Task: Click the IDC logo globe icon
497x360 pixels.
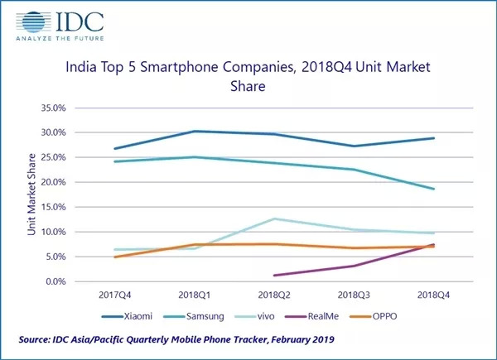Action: coord(33,22)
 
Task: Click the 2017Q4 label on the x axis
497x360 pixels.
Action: coord(114,295)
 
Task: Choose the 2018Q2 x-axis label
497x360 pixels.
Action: coord(273,295)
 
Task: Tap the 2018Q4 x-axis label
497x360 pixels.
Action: coord(433,295)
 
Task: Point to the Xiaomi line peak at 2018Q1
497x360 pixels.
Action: coord(194,131)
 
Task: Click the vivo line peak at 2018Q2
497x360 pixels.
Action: coord(273,218)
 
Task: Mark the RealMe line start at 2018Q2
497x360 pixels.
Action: coord(273,276)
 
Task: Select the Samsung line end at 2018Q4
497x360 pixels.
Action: coord(433,189)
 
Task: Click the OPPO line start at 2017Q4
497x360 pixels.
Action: coord(114,257)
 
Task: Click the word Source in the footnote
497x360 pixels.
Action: coord(36,340)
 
